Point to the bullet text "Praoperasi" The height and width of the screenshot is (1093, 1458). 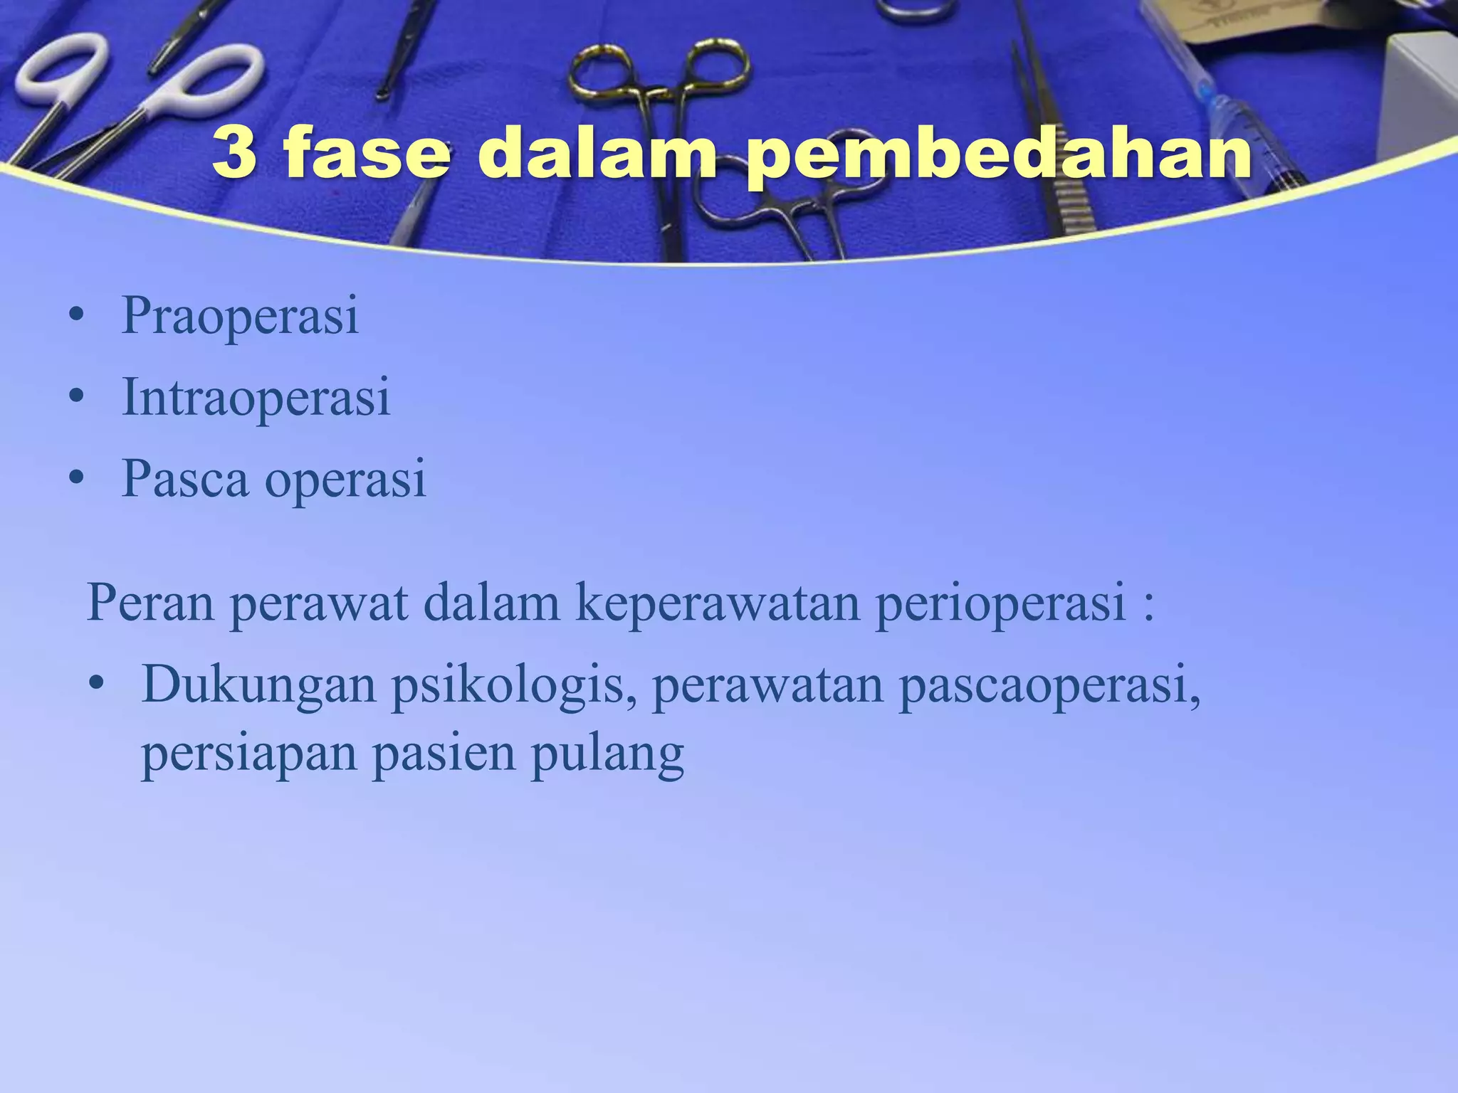pos(240,315)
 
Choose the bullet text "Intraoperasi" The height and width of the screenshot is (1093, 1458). pos(256,397)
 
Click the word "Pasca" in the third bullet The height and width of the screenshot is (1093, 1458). pos(185,478)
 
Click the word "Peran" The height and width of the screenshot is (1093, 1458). pos(150,603)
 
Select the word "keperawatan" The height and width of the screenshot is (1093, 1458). pos(718,603)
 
